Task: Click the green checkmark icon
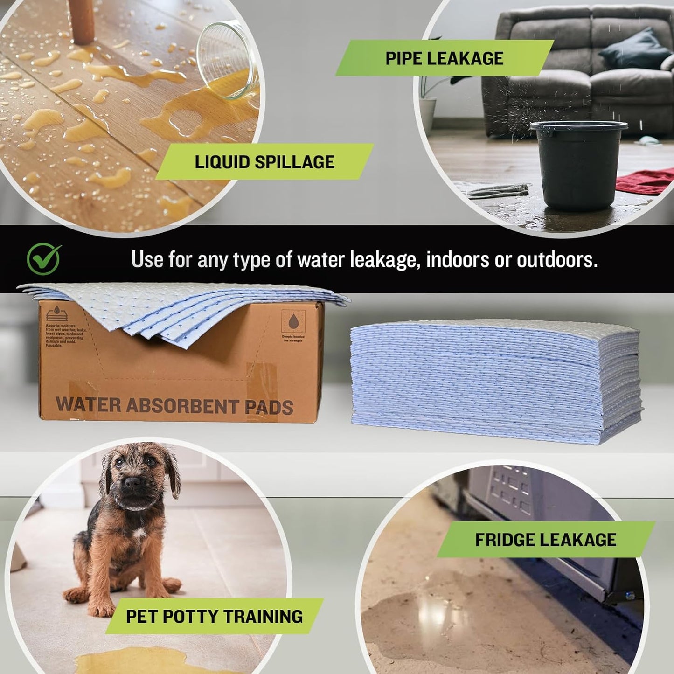click(x=44, y=259)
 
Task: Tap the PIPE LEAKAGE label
click(x=444, y=58)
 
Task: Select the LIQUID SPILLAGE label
click(x=264, y=162)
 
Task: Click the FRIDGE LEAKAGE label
click(x=545, y=540)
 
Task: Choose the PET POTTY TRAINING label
click(x=214, y=616)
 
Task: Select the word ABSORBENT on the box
click(x=182, y=406)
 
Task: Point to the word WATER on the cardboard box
click(x=88, y=404)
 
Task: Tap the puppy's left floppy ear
click(x=173, y=470)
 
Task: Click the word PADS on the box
click(x=269, y=407)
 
